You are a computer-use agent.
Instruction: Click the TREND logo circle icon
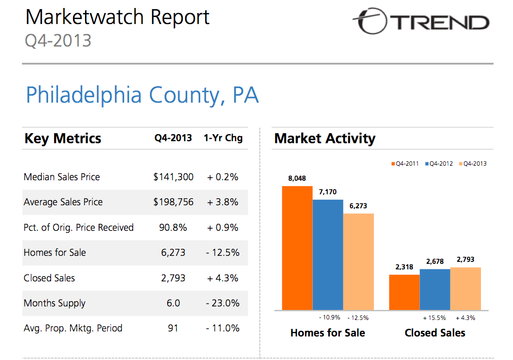click(x=371, y=21)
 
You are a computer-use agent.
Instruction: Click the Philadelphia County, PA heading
click(x=142, y=95)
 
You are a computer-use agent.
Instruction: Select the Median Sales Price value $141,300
click(x=173, y=177)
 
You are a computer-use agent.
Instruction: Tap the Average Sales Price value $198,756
click(x=173, y=202)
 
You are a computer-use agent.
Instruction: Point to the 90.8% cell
click(x=173, y=227)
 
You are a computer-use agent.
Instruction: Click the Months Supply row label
click(x=55, y=303)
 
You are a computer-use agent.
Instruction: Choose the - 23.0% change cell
click(x=223, y=303)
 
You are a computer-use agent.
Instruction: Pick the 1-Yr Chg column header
click(x=223, y=138)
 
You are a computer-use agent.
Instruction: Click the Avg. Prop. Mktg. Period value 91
click(x=173, y=328)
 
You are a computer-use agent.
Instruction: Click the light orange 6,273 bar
click(x=358, y=261)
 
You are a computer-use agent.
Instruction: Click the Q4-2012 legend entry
click(x=439, y=164)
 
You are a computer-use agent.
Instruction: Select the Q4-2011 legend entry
click(x=405, y=164)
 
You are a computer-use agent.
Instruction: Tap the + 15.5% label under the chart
click(x=434, y=318)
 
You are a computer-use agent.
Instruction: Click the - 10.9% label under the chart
click(x=329, y=317)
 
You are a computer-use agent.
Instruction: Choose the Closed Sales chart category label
click(x=435, y=333)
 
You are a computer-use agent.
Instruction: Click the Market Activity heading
click(x=325, y=138)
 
